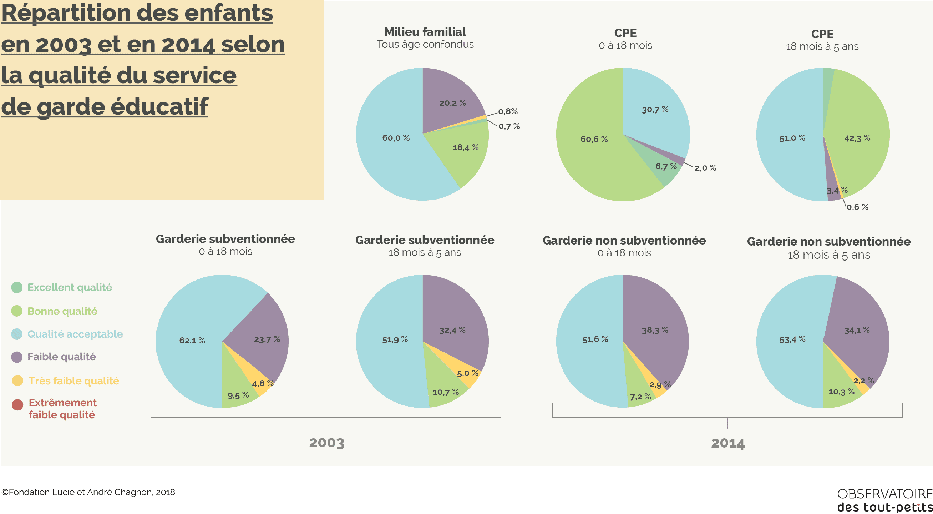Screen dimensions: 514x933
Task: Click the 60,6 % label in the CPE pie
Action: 594,139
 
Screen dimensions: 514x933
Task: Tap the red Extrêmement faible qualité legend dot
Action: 17,405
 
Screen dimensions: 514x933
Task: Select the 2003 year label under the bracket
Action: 327,443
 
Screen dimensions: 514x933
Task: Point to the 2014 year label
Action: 727,443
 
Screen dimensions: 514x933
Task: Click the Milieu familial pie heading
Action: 425,32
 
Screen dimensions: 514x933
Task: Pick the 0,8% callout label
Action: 508,112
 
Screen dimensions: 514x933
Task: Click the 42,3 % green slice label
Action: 857,138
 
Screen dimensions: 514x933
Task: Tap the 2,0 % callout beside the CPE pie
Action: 705,168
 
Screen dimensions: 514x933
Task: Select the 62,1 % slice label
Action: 192,341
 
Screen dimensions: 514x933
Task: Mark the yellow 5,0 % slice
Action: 468,373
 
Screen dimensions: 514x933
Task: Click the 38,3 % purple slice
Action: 655,330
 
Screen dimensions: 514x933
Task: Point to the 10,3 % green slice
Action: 841,392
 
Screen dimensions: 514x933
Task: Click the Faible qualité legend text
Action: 62,357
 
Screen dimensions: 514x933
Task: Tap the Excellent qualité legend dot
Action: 17,288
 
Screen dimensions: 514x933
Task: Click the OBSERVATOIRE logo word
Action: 884,494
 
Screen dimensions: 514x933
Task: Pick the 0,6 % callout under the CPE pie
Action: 857,207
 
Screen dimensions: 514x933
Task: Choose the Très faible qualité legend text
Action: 74,381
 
